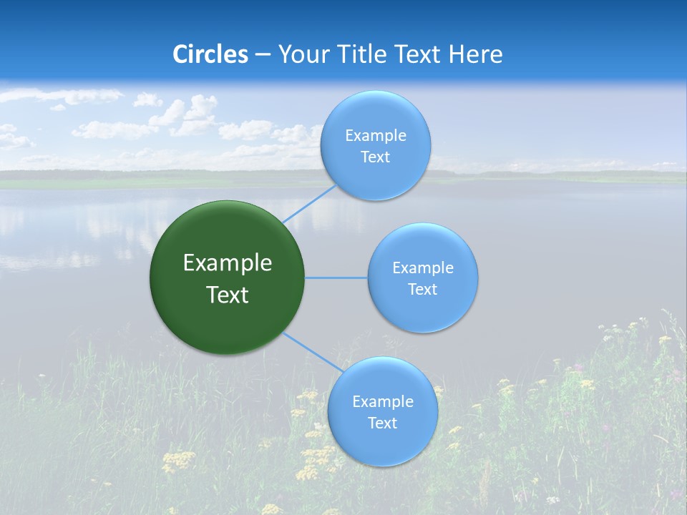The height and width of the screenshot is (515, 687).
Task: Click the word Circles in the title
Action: (x=210, y=54)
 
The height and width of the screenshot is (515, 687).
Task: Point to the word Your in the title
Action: (x=301, y=54)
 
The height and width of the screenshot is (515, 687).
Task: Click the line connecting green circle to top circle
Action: (x=309, y=203)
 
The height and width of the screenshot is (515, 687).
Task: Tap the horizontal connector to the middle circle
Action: (x=336, y=278)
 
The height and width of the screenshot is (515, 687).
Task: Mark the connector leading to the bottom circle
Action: (x=312, y=352)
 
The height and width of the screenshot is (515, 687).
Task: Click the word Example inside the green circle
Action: (x=227, y=263)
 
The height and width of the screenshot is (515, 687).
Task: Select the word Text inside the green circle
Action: (x=227, y=295)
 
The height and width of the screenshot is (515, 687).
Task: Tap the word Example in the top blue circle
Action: (x=375, y=136)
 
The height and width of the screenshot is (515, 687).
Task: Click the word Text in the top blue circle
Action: (x=375, y=157)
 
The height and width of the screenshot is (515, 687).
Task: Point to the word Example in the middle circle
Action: (x=422, y=268)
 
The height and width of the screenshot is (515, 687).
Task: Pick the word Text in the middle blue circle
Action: (x=422, y=290)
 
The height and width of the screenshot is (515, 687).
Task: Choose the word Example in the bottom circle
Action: (x=382, y=402)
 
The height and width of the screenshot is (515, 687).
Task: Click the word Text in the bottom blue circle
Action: (x=382, y=423)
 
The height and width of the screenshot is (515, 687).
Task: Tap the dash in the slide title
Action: (x=263, y=55)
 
